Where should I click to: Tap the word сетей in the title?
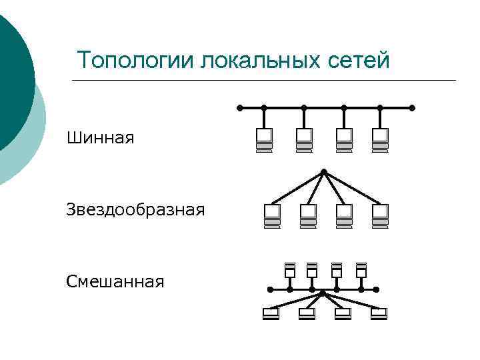pos(359,61)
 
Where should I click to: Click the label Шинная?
pos(101,139)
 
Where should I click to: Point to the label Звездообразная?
pos(135,211)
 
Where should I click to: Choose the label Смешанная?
pos(115,281)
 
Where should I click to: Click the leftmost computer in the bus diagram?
pos(264,140)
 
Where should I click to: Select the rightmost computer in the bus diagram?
pos(380,140)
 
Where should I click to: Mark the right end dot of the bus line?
pos(412,107)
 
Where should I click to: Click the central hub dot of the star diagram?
pos(323,172)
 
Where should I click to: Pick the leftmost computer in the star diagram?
pos(272,215)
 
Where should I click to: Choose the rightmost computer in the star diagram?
pos(380,215)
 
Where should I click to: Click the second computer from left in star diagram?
pos(308,215)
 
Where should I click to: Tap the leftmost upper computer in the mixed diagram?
pos(290,270)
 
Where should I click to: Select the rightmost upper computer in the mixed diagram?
pos(361,270)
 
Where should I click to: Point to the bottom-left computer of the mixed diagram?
pos(271,313)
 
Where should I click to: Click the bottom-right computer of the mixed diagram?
pos(379,313)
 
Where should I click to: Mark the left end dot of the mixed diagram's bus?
pos(269,290)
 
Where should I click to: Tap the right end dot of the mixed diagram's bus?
pos(377,290)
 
